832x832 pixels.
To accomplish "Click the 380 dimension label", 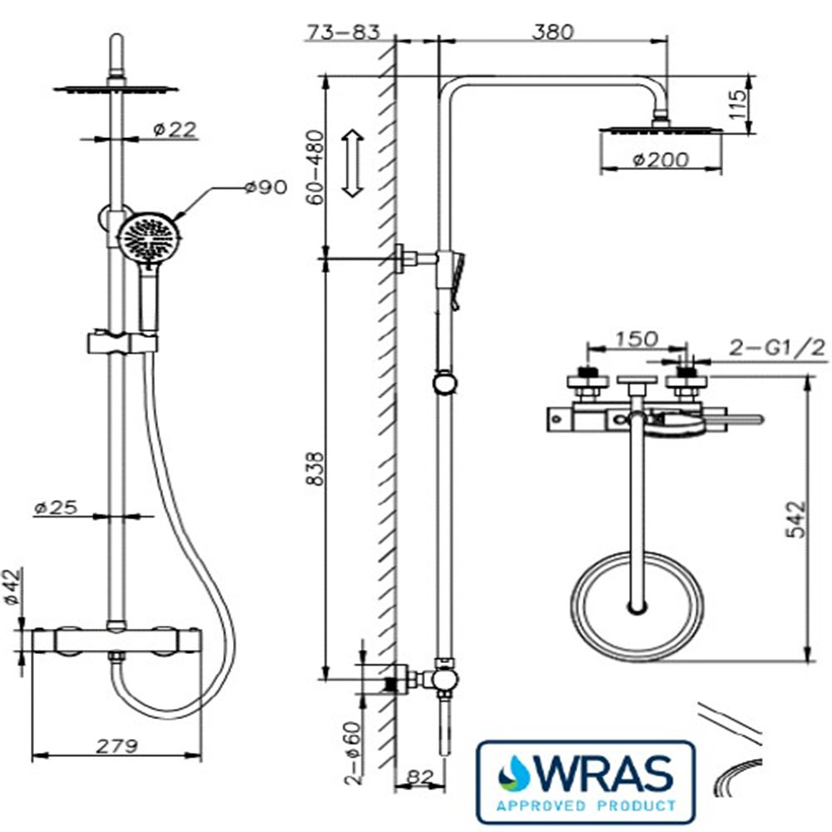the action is (552, 32).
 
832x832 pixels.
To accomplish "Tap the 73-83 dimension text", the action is (344, 32).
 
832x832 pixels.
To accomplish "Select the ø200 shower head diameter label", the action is (661, 159).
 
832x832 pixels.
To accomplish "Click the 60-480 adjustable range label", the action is (315, 167).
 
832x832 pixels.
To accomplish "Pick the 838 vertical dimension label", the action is (315, 468).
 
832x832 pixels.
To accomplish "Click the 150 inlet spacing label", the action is (636, 339).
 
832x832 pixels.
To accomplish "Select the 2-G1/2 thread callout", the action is (777, 348).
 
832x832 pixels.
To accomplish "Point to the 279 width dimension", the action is (116, 745).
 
